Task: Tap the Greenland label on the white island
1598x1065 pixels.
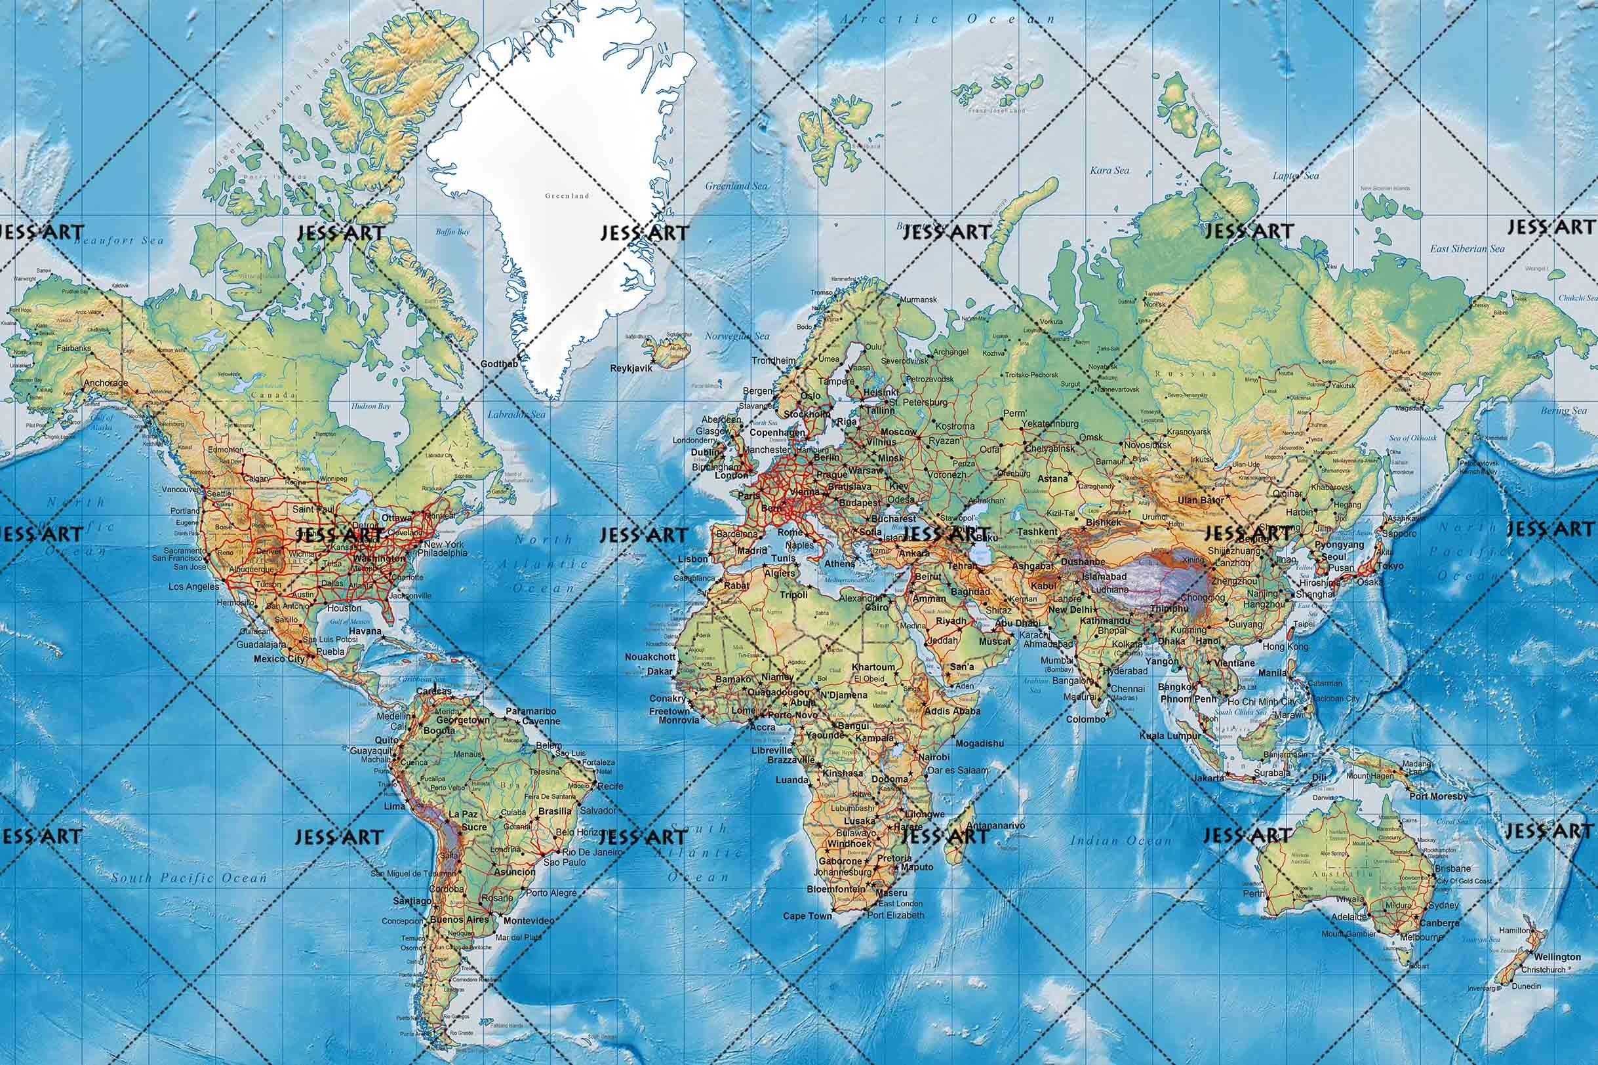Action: [567, 195]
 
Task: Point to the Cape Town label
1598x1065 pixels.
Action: [807, 916]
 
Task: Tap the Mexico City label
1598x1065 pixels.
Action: [279, 659]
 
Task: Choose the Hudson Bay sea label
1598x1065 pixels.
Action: [371, 406]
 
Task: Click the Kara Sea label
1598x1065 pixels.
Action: [1109, 170]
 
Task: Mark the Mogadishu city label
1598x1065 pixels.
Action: [979, 744]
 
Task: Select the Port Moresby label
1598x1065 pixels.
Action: [1439, 796]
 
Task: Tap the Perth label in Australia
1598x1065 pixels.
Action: [1254, 894]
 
